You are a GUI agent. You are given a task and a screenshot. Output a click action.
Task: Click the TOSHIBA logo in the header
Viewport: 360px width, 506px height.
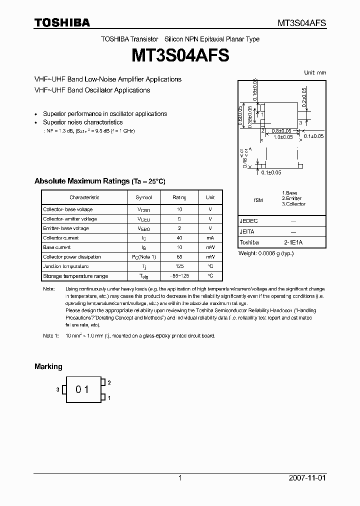(62, 22)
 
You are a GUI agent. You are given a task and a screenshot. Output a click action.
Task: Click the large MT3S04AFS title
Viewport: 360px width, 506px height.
(180, 55)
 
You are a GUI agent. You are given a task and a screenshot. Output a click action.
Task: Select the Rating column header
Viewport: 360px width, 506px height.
(179, 197)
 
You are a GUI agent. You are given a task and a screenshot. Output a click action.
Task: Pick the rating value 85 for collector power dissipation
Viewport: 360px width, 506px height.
(179, 257)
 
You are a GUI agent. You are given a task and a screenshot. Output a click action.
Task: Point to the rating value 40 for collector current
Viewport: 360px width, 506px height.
(179, 238)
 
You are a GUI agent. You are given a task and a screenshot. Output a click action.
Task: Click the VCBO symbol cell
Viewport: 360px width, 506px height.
(144, 210)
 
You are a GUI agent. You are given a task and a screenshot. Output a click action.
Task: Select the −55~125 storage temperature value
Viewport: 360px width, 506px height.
(179, 276)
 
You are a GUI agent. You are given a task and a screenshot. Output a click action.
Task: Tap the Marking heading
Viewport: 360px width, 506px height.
(48, 366)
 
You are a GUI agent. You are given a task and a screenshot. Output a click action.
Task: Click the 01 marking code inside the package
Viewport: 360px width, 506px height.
(82, 389)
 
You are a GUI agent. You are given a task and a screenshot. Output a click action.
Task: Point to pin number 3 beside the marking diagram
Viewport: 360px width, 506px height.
(58, 389)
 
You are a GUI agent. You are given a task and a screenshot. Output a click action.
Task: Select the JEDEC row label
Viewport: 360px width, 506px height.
(249, 220)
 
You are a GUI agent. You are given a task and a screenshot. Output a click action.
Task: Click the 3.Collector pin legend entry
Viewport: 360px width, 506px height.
(293, 204)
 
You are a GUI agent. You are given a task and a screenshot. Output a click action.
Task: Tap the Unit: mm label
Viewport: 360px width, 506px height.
(315, 72)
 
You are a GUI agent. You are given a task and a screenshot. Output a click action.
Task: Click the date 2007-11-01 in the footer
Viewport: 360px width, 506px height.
(307, 478)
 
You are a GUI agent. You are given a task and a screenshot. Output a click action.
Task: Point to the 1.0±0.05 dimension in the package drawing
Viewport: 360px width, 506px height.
(282, 136)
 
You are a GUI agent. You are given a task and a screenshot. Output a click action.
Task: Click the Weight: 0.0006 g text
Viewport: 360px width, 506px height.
(266, 253)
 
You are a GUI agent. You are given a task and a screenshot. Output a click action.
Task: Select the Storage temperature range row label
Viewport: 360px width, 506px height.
(75, 276)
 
